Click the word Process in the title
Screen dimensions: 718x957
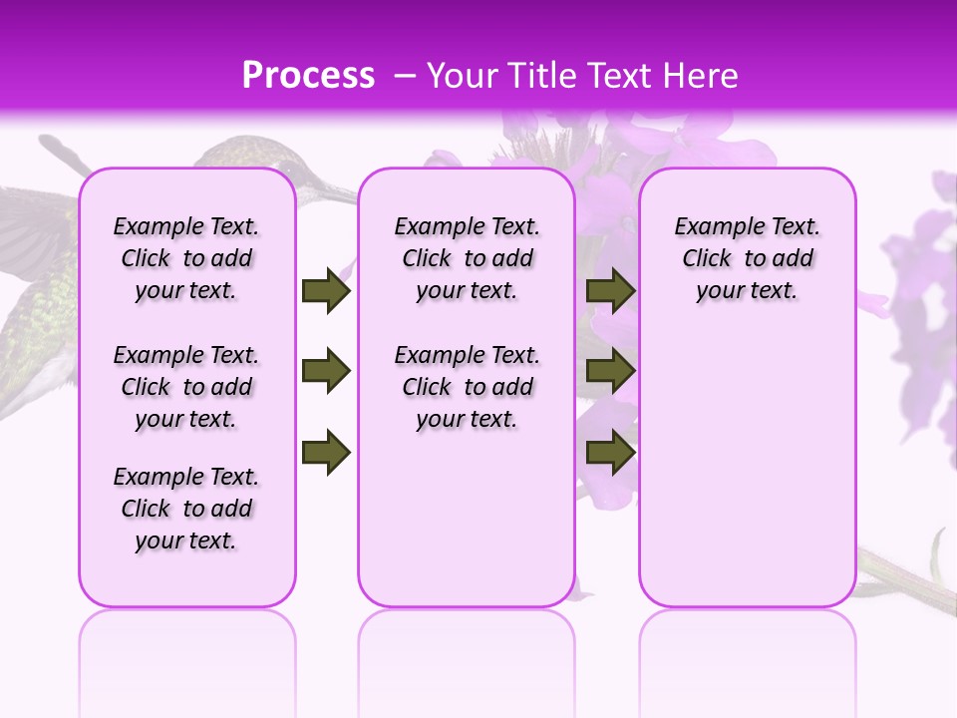(308, 76)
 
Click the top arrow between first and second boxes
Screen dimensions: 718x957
(326, 290)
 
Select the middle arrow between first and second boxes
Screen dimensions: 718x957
(326, 372)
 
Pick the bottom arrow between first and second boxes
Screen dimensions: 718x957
(326, 452)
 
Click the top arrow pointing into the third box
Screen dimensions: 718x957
(610, 290)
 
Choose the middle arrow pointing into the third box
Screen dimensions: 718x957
(610, 372)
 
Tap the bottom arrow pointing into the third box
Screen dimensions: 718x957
(610, 452)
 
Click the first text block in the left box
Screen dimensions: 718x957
(186, 258)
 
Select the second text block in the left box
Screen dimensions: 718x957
(186, 387)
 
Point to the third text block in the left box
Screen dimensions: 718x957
(186, 509)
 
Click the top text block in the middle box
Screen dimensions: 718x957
(468, 258)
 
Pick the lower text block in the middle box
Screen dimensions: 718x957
(468, 387)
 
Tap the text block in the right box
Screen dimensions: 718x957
(748, 258)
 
